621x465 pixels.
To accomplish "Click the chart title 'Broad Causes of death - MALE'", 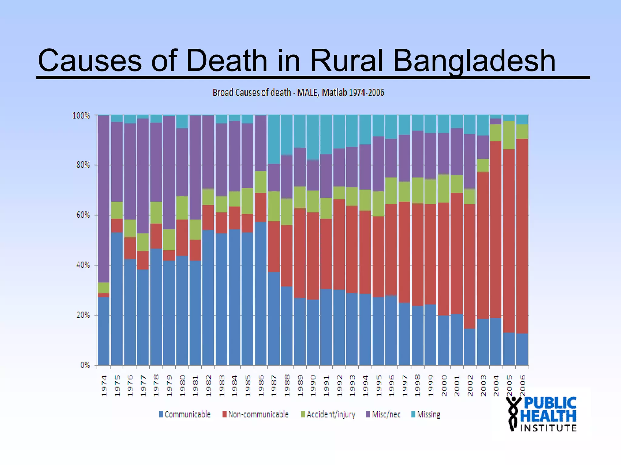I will click(298, 93).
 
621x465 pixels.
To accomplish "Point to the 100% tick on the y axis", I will click(81, 116).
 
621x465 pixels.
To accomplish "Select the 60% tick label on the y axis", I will click(83, 215).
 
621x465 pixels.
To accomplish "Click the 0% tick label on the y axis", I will click(85, 365).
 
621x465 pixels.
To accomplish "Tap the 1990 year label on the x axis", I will click(314, 386).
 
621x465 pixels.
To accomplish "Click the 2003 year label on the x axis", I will click(483, 386).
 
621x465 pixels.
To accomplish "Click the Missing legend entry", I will click(426, 414).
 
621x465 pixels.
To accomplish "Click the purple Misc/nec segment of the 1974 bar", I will click(104, 197).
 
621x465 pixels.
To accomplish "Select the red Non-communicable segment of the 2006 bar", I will click(522, 236).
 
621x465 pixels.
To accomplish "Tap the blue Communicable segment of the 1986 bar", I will click(260, 294).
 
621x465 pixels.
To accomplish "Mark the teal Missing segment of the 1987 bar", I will click(274, 139).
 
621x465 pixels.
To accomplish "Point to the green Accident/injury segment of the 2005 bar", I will click(509, 135).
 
